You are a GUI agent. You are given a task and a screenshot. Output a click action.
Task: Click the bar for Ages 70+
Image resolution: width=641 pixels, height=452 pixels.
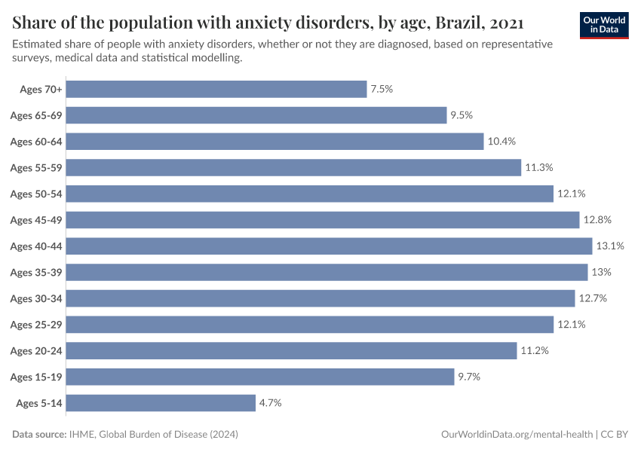216,89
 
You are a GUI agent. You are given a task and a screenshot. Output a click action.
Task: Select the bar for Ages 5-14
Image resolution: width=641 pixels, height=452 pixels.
161,403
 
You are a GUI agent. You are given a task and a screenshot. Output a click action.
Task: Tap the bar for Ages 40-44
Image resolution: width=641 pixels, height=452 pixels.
330,246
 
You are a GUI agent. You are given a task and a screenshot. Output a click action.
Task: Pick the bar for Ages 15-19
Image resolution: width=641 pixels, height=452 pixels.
260,377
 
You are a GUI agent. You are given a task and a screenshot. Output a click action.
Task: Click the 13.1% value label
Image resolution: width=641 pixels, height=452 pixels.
610,246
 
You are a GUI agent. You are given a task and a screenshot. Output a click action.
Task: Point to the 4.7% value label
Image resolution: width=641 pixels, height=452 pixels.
270,403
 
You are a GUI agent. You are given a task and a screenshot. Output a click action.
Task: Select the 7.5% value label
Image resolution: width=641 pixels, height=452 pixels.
382,89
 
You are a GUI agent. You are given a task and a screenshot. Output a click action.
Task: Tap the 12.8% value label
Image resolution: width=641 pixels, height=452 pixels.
597,220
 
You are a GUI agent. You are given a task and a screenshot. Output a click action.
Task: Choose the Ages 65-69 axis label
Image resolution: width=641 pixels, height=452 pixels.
35,115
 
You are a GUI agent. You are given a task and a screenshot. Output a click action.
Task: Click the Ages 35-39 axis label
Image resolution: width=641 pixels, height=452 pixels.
35,272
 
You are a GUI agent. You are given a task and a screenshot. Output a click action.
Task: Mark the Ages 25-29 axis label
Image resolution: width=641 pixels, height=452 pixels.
35,325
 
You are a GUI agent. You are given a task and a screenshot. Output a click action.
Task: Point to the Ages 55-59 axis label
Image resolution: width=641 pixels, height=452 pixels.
35,167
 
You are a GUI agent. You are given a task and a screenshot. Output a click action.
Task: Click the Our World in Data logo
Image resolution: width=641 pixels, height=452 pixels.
604,25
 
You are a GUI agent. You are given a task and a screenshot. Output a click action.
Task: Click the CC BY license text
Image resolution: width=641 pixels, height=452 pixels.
615,435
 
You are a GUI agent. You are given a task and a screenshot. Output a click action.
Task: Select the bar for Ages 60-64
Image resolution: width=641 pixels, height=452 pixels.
274,142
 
